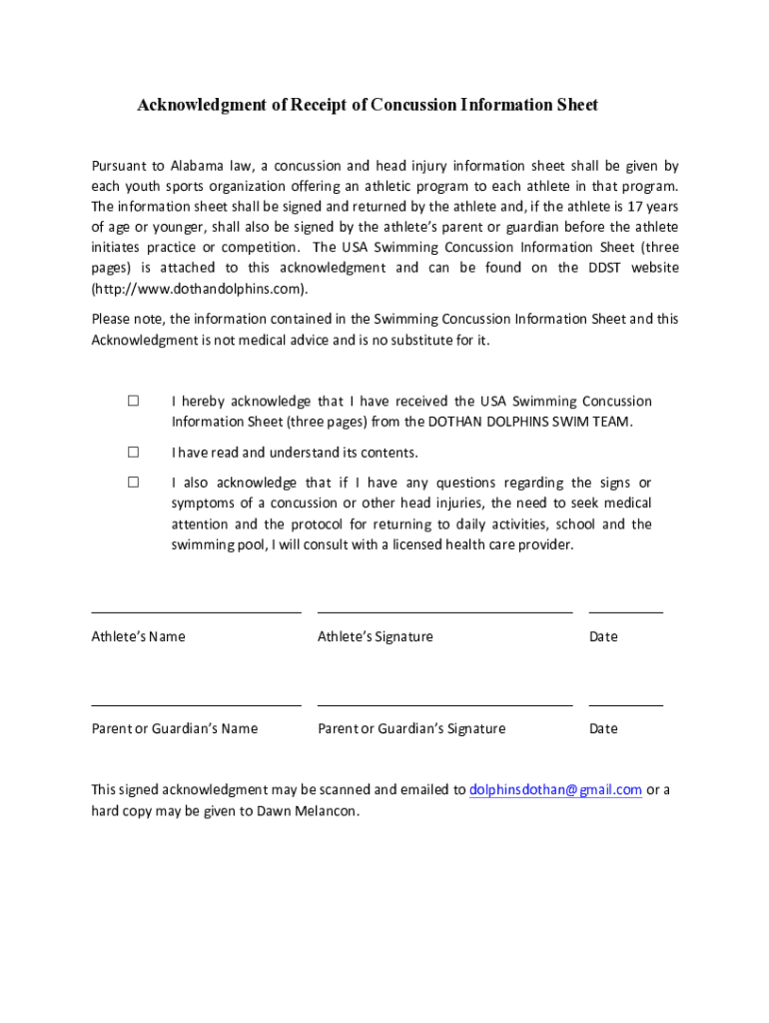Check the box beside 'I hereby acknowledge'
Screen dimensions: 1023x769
[132, 401]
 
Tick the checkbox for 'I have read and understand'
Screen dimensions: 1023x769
[132, 452]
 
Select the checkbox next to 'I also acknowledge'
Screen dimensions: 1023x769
[132, 483]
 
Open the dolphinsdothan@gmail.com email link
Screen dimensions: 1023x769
[555, 790]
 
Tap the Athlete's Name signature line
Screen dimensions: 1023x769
[196, 610]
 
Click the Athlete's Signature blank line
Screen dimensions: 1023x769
[444, 610]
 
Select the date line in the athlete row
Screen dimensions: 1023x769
[625, 610]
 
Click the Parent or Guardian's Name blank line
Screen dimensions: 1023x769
[196, 703]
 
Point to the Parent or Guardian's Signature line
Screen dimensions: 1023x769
[444, 703]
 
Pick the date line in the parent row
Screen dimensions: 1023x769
[625, 703]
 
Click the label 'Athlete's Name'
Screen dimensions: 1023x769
[138, 636]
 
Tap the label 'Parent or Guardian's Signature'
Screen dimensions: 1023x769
[411, 728]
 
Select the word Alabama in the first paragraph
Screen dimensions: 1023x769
[196, 166]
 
